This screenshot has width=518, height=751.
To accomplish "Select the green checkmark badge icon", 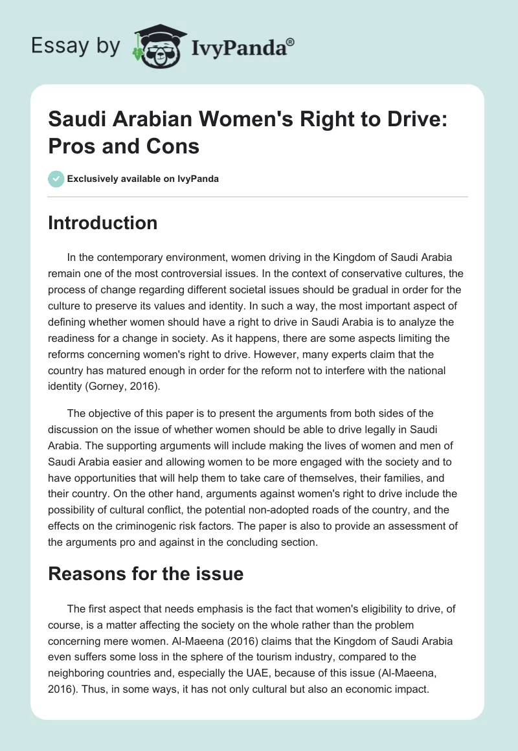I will click(56, 179).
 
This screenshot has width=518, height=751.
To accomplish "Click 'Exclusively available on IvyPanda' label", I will click(144, 179).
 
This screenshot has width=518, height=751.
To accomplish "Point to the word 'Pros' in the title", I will click(74, 146).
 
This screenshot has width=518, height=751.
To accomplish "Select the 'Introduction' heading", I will click(103, 223).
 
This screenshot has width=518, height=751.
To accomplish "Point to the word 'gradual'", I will click(340, 287).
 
